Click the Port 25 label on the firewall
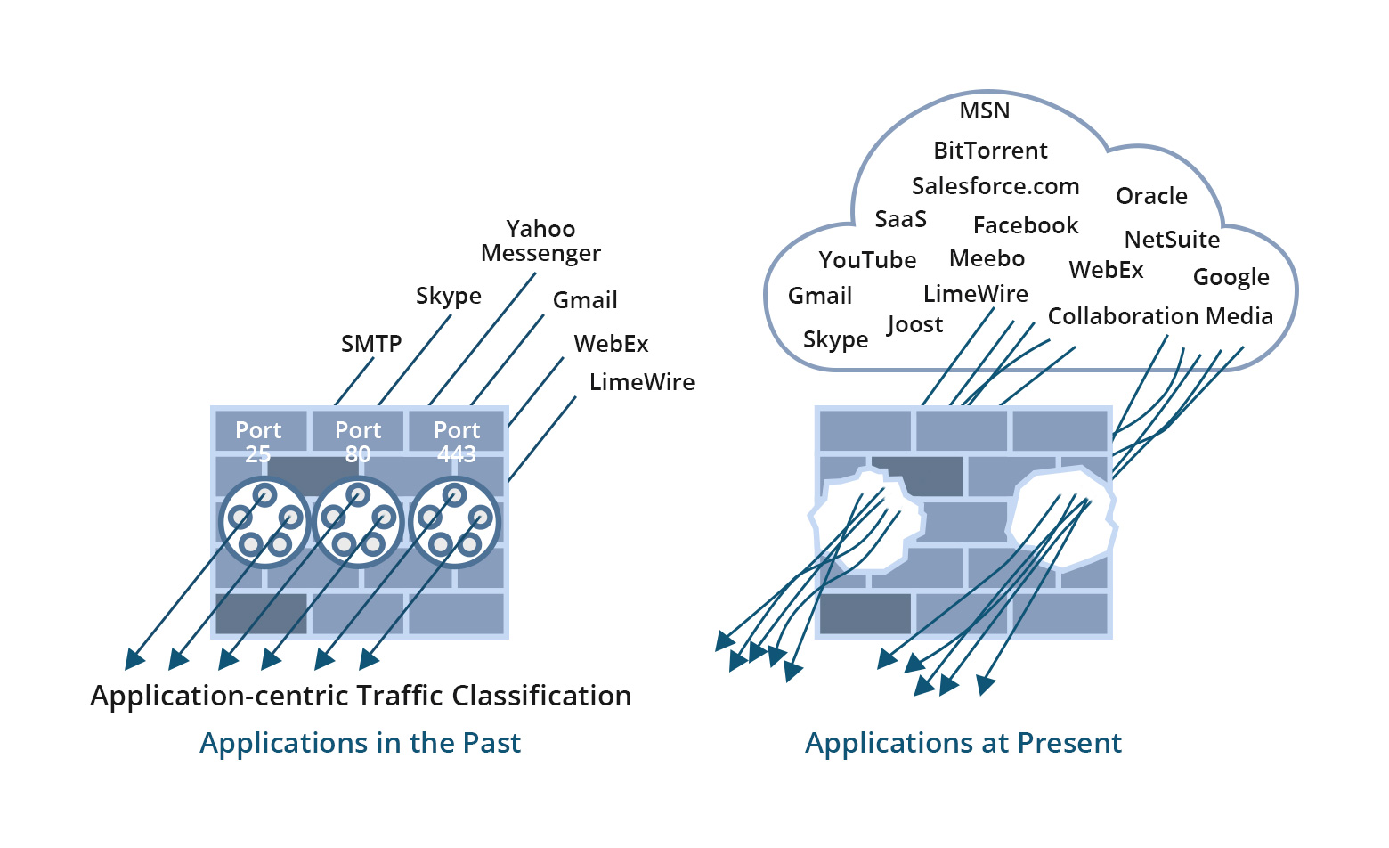pos(258,441)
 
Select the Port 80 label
pos(358,441)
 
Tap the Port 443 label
pos(457,441)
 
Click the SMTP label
pos(371,344)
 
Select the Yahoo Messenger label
pos(540,241)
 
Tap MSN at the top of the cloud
pos(985,111)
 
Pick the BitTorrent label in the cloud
pos(990,151)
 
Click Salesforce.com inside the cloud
pos(995,186)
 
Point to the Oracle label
pos(1151,196)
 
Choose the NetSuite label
pos(1172,240)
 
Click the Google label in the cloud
pos(1231,277)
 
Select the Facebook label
pos(1025,225)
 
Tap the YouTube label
pos(867,260)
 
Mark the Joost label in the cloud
pos(914,325)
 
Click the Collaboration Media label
pos(1160,316)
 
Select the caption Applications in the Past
pos(360,743)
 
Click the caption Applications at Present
pos(963,743)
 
